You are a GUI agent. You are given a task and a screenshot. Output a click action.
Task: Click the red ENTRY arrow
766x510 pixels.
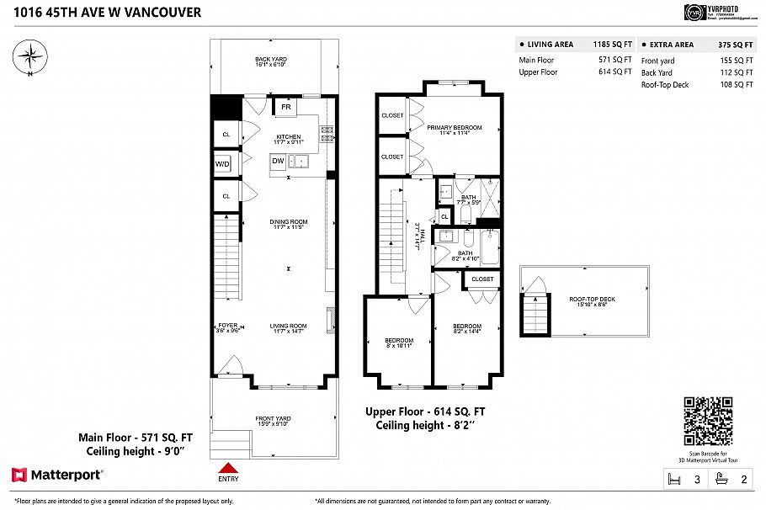[x=228, y=469]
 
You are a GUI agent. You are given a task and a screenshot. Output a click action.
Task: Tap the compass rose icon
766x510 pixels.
[x=31, y=57]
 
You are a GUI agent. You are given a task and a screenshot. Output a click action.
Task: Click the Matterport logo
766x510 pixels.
[x=57, y=475]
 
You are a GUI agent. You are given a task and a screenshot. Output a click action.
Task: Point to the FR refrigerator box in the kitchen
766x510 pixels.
[x=285, y=108]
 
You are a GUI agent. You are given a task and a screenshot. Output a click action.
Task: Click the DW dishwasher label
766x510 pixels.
[x=278, y=161]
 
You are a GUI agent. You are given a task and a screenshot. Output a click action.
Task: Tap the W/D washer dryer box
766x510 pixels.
[x=223, y=163]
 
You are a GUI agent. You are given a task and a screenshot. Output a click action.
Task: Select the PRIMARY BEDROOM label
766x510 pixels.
[x=454, y=128]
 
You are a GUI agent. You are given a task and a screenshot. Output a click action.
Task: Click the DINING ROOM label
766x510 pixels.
[x=288, y=222]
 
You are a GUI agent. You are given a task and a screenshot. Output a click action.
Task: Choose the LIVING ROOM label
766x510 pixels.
[x=288, y=326]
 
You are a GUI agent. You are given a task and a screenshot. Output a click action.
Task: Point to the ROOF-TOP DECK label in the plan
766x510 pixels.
[x=592, y=299]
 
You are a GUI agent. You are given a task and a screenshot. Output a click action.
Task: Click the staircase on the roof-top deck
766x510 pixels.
[x=535, y=316]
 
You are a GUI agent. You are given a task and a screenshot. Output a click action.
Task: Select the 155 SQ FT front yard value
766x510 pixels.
[x=737, y=61]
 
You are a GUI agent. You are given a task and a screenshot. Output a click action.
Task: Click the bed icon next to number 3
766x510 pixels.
[x=672, y=480]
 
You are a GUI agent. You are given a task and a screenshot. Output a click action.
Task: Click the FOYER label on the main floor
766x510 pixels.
[x=228, y=326]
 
